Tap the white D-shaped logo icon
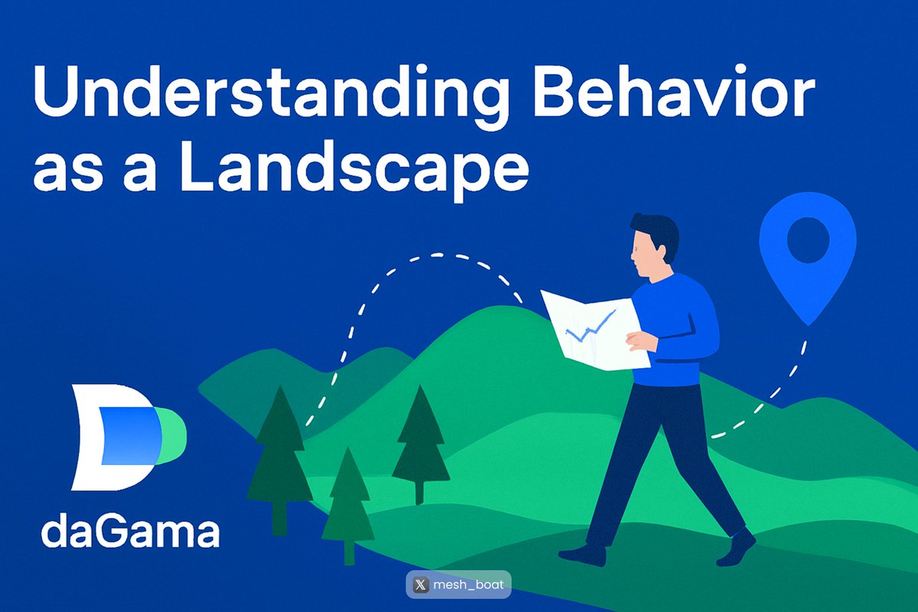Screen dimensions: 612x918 pos(107,437)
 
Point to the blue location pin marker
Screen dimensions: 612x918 pos(807,256)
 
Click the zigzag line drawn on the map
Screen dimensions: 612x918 pos(590,327)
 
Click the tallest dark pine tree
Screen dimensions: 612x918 pos(279,451)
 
